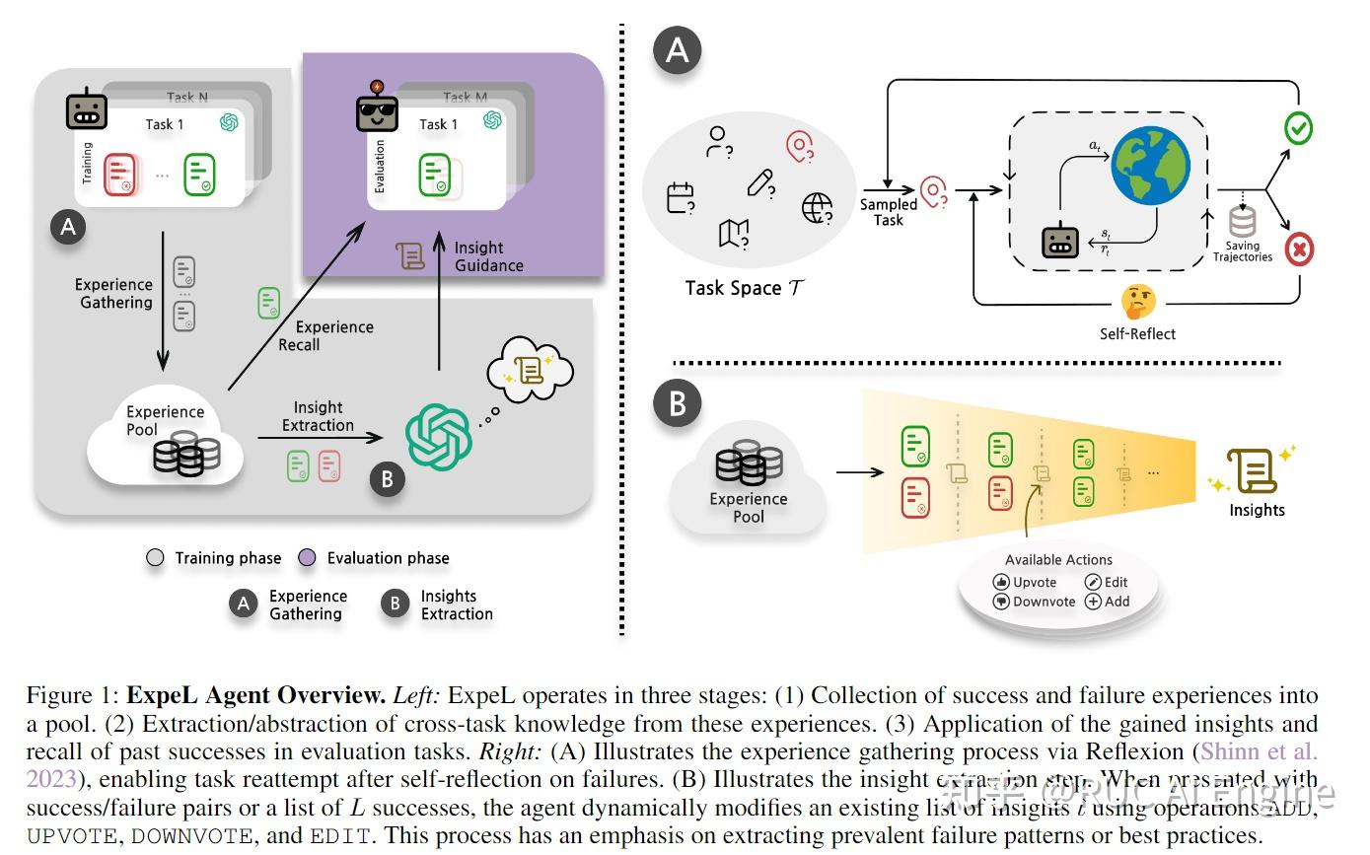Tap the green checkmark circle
[1298, 127]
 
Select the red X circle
[1299, 249]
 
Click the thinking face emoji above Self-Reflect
[1138, 300]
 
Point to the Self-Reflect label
[1137, 333]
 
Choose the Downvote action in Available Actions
[1035, 602]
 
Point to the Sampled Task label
[889, 212]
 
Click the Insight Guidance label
[488, 256]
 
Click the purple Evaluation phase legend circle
[308, 558]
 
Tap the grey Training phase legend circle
[155, 558]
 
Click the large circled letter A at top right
[677, 49]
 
